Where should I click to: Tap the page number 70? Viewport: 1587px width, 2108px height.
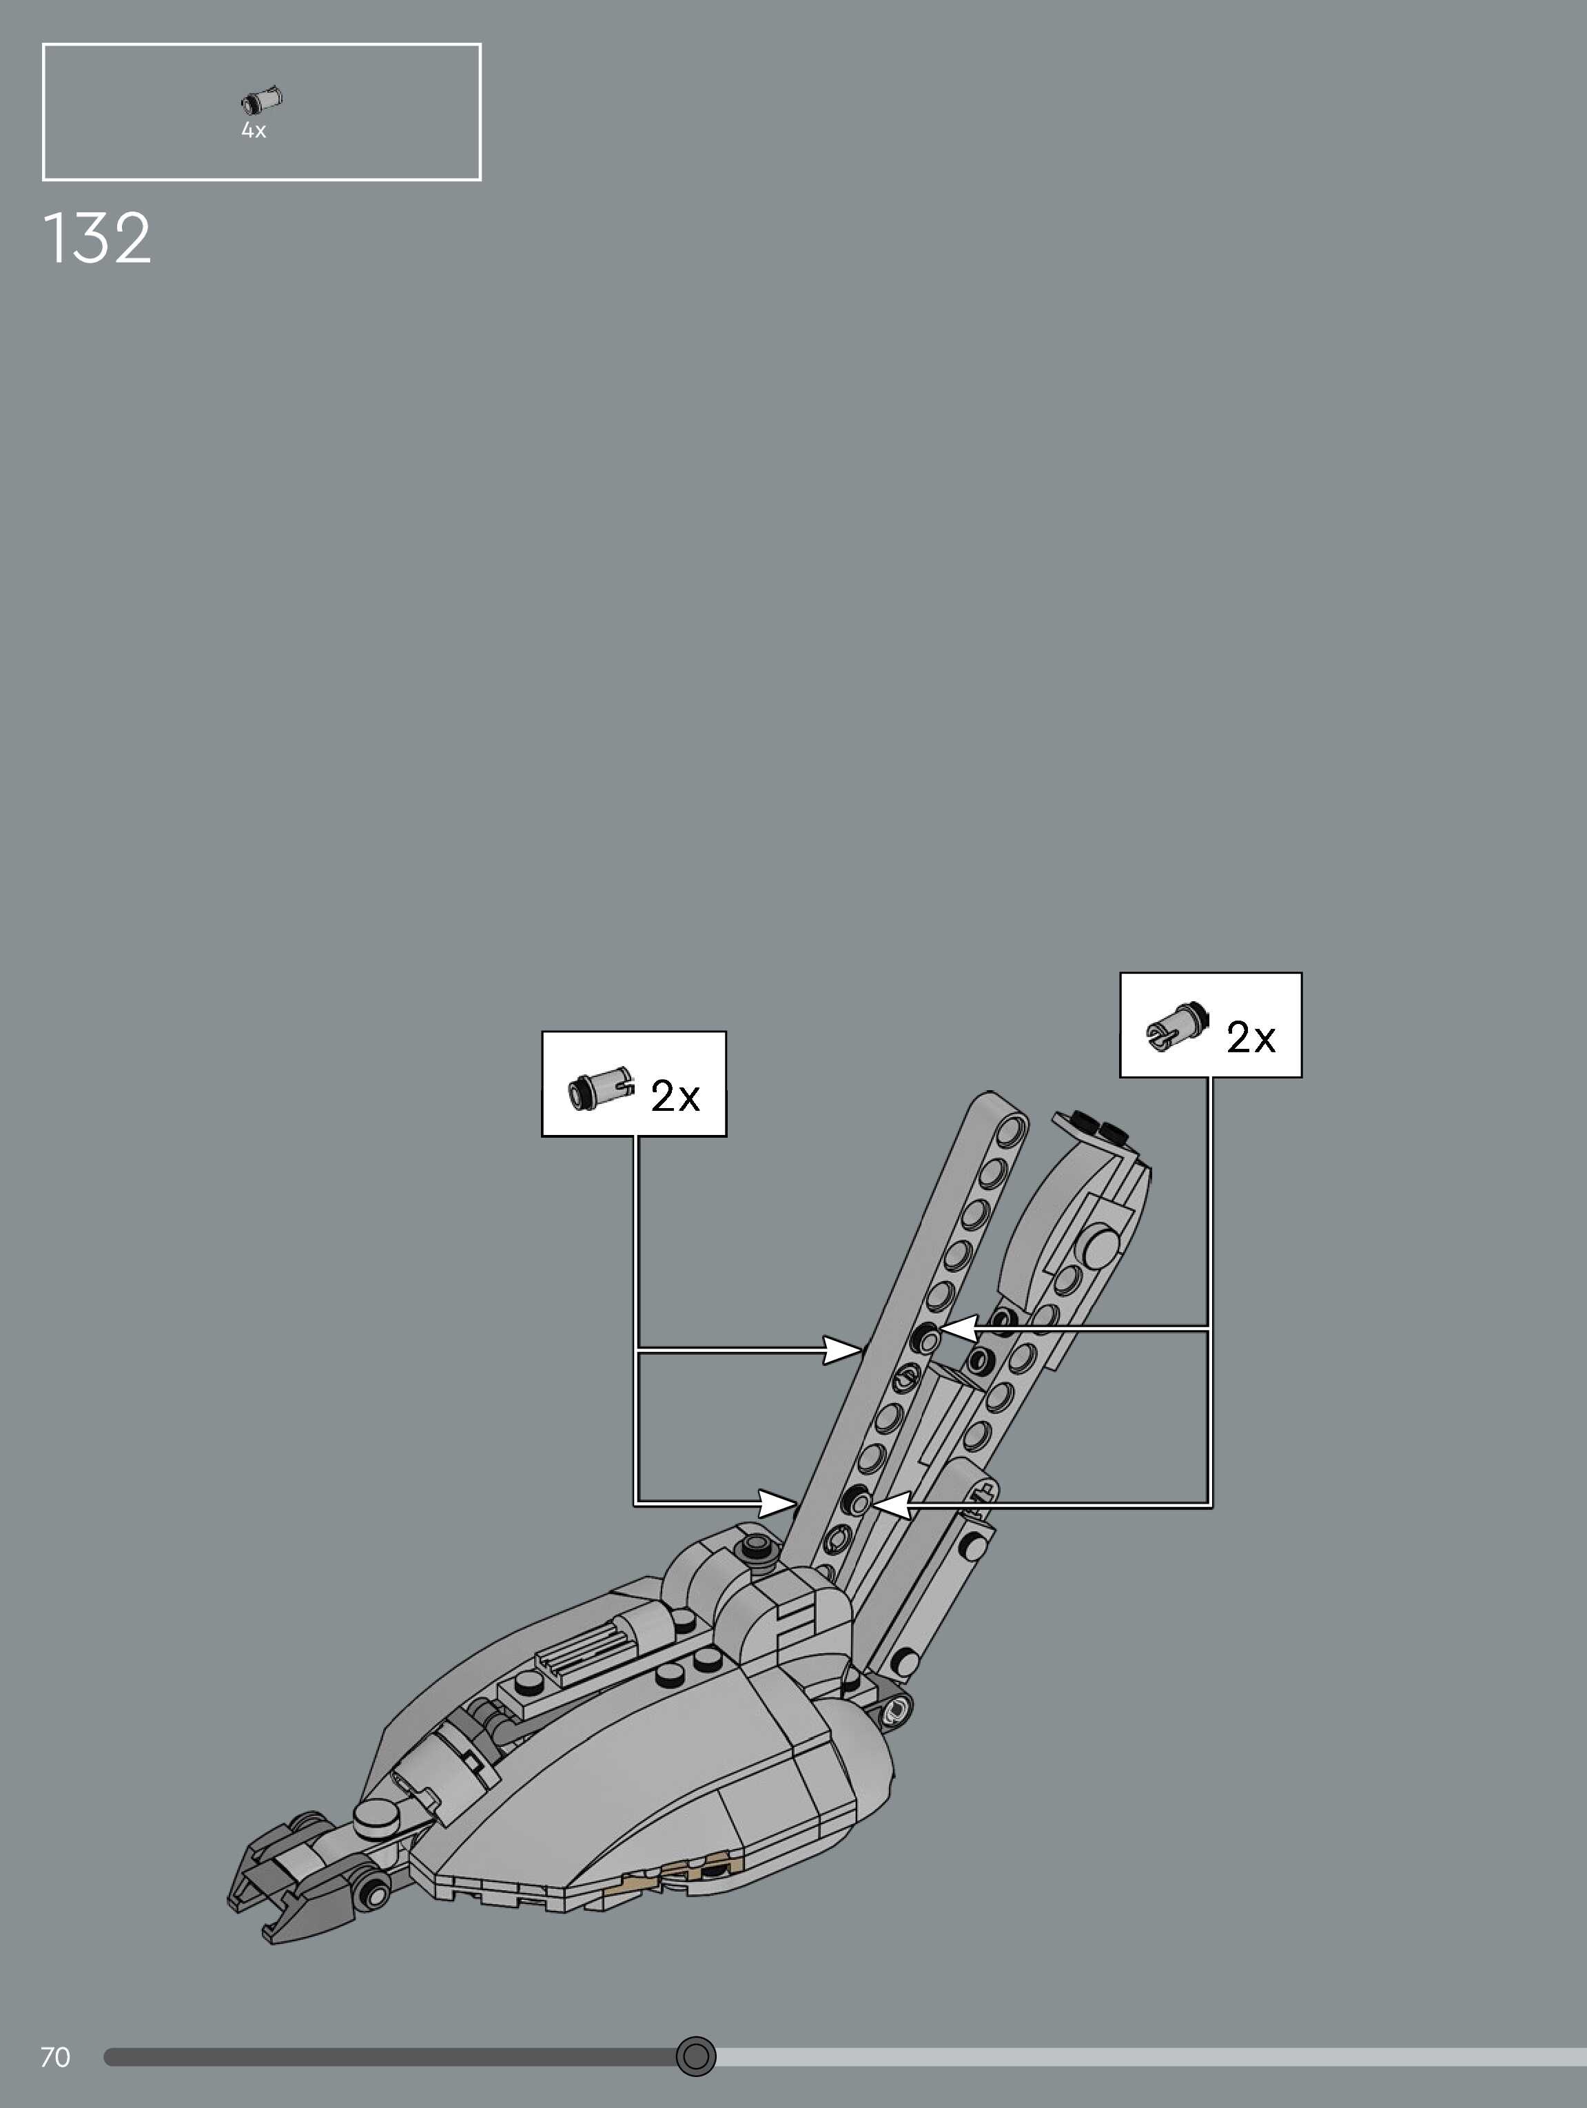click(x=55, y=2056)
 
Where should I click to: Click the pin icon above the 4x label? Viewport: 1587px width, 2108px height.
click(x=261, y=100)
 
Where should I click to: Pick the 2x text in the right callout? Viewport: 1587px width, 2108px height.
click(x=1251, y=1037)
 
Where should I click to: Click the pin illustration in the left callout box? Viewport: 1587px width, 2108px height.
click(x=600, y=1087)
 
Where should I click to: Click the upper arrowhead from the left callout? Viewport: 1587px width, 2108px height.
click(x=843, y=1349)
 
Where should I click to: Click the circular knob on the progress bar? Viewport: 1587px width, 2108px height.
click(x=696, y=2056)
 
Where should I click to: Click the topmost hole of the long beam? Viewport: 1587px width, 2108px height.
click(x=1012, y=1129)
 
